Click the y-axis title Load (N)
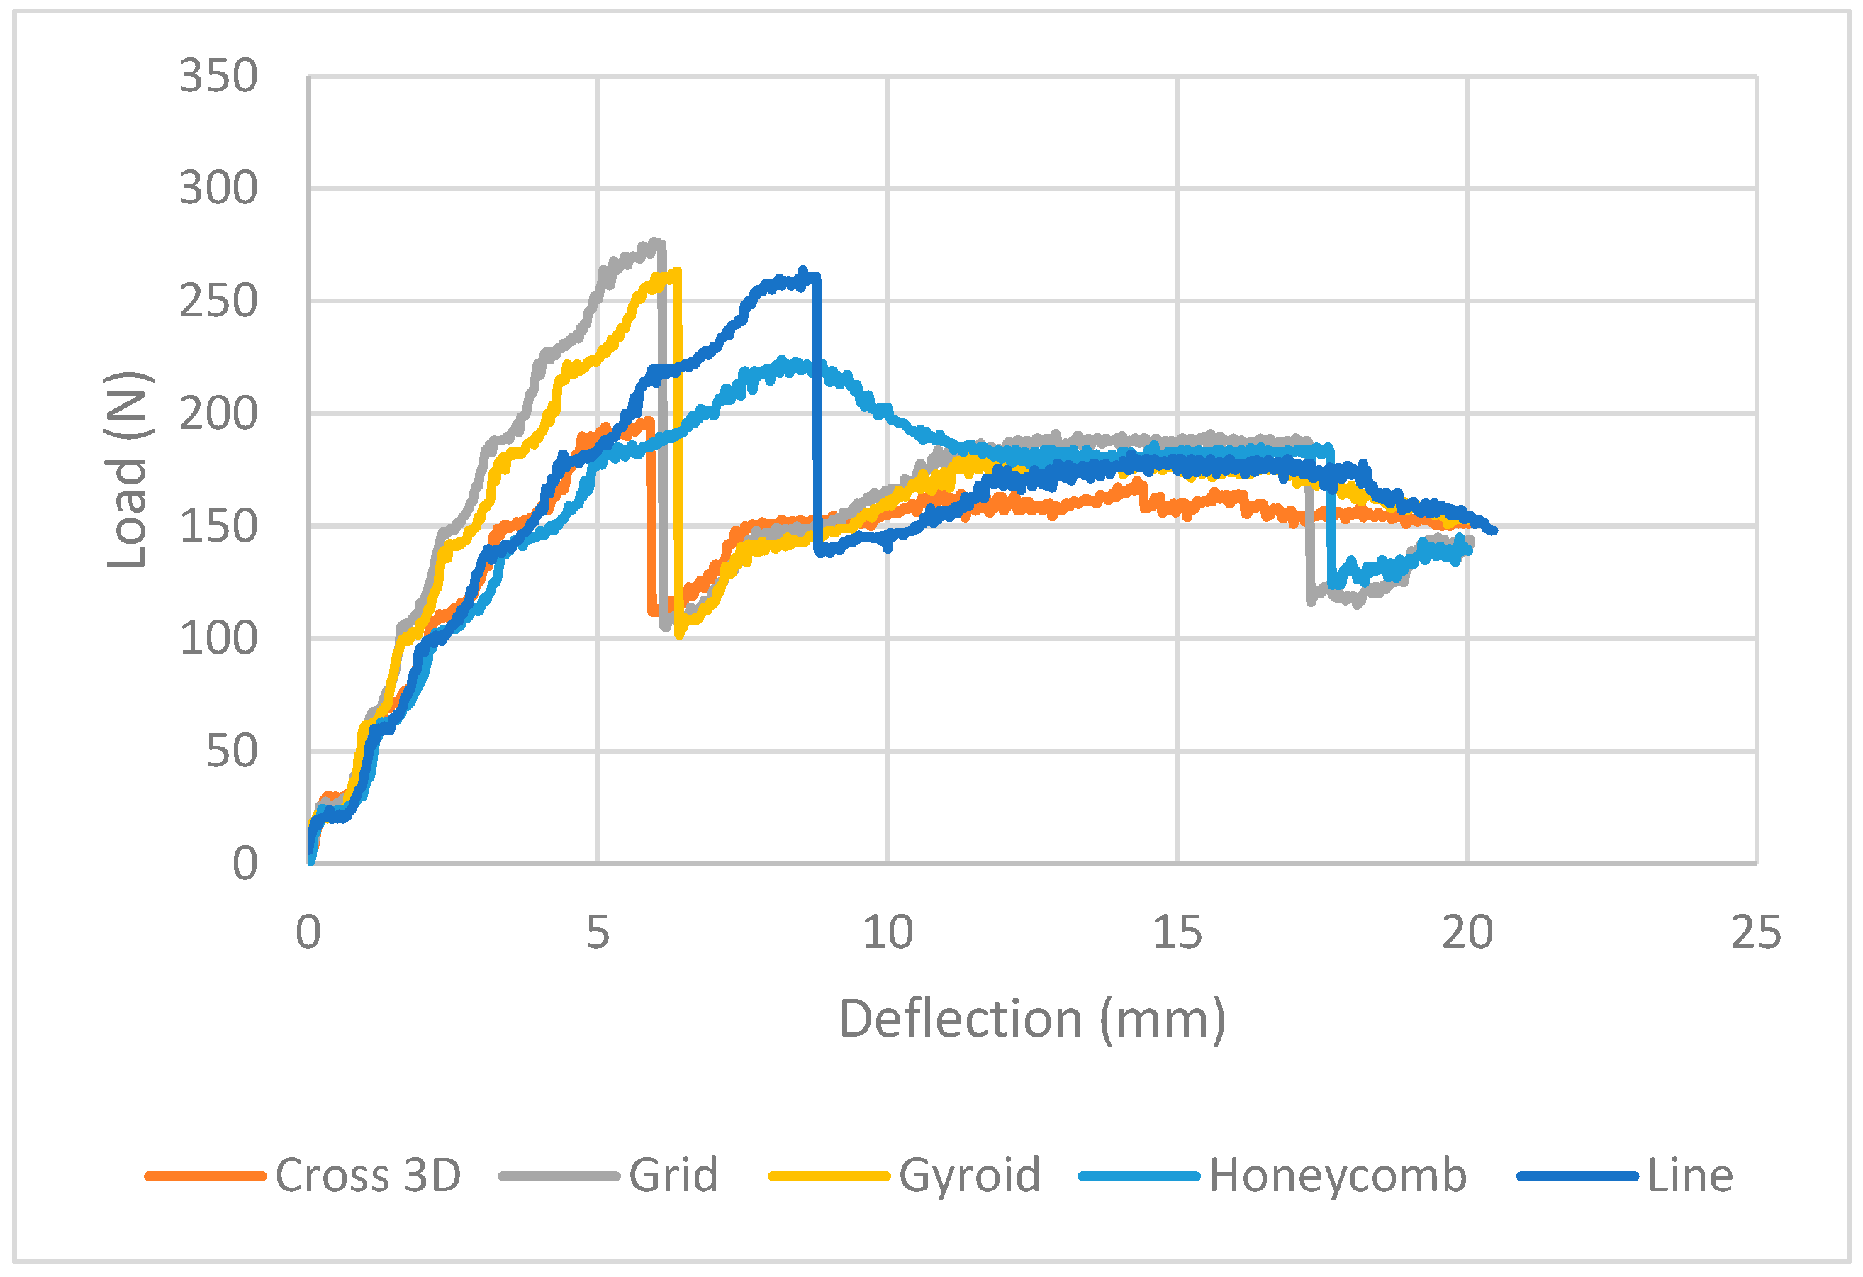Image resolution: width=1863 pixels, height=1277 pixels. point(127,470)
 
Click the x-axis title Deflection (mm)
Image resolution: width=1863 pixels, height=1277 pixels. point(1031,1020)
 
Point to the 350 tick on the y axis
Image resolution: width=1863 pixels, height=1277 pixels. point(218,77)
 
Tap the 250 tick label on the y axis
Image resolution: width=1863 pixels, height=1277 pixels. point(218,302)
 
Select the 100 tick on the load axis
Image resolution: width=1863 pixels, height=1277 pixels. point(218,640)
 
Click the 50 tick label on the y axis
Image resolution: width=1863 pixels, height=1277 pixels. point(231,752)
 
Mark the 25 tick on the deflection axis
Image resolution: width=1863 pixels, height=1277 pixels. point(1755,933)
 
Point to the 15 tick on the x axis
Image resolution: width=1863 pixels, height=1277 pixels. point(1177,933)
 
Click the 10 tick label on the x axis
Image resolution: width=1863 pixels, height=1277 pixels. point(888,933)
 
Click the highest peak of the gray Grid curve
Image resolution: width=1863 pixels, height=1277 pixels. point(655,241)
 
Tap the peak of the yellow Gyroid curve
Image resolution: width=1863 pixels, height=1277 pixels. point(678,272)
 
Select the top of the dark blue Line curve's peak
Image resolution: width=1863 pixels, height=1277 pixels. point(803,272)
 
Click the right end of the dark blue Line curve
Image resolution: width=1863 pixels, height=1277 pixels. point(1493,530)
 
